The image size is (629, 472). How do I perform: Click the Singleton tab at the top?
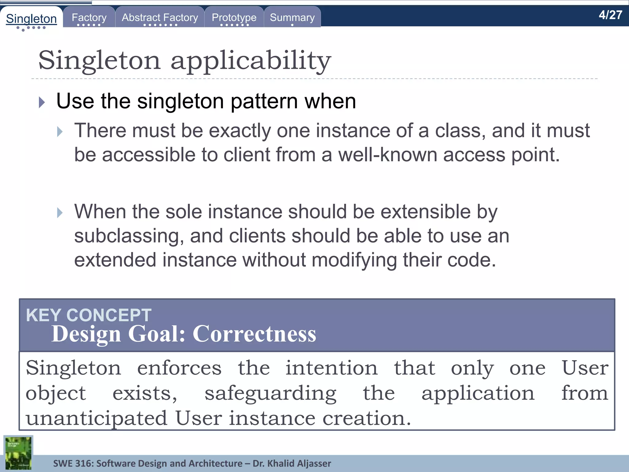[x=31, y=19]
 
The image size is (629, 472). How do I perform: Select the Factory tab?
[x=89, y=18]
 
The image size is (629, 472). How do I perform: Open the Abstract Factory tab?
[x=160, y=18]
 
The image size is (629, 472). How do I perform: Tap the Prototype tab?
[x=234, y=18]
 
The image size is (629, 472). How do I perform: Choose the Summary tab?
[x=292, y=18]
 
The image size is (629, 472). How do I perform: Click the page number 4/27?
[x=610, y=15]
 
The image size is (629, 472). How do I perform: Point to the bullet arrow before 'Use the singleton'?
[x=42, y=102]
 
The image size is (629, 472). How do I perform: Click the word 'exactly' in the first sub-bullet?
[x=240, y=131]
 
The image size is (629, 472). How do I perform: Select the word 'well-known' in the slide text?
[x=388, y=155]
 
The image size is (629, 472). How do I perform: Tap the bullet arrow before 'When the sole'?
[x=60, y=213]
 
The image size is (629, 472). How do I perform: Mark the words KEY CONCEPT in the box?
[x=88, y=315]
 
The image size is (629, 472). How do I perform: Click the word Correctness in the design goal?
[x=254, y=334]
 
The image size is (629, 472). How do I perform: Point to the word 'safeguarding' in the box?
[x=270, y=394]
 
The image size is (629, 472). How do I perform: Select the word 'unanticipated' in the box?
[x=96, y=418]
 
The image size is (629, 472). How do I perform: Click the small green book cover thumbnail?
[x=18, y=453]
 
